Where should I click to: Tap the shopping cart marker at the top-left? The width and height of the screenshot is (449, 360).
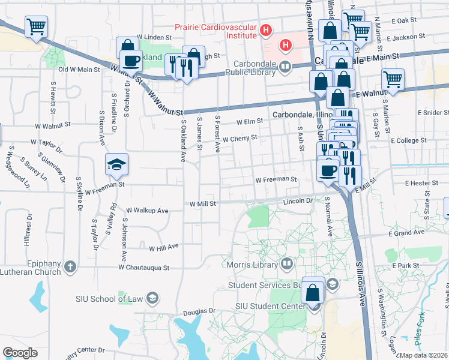[36, 27]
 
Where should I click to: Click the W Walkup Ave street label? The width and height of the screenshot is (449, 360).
[147, 211]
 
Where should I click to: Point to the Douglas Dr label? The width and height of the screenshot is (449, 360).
[199, 311]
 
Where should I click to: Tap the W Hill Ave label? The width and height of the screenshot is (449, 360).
[164, 247]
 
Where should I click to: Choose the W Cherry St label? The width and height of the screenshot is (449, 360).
[240, 138]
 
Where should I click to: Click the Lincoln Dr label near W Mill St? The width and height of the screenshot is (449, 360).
[298, 202]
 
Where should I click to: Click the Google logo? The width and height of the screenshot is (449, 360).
[20, 353]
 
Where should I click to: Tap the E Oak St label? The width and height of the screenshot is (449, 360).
[406, 20]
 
